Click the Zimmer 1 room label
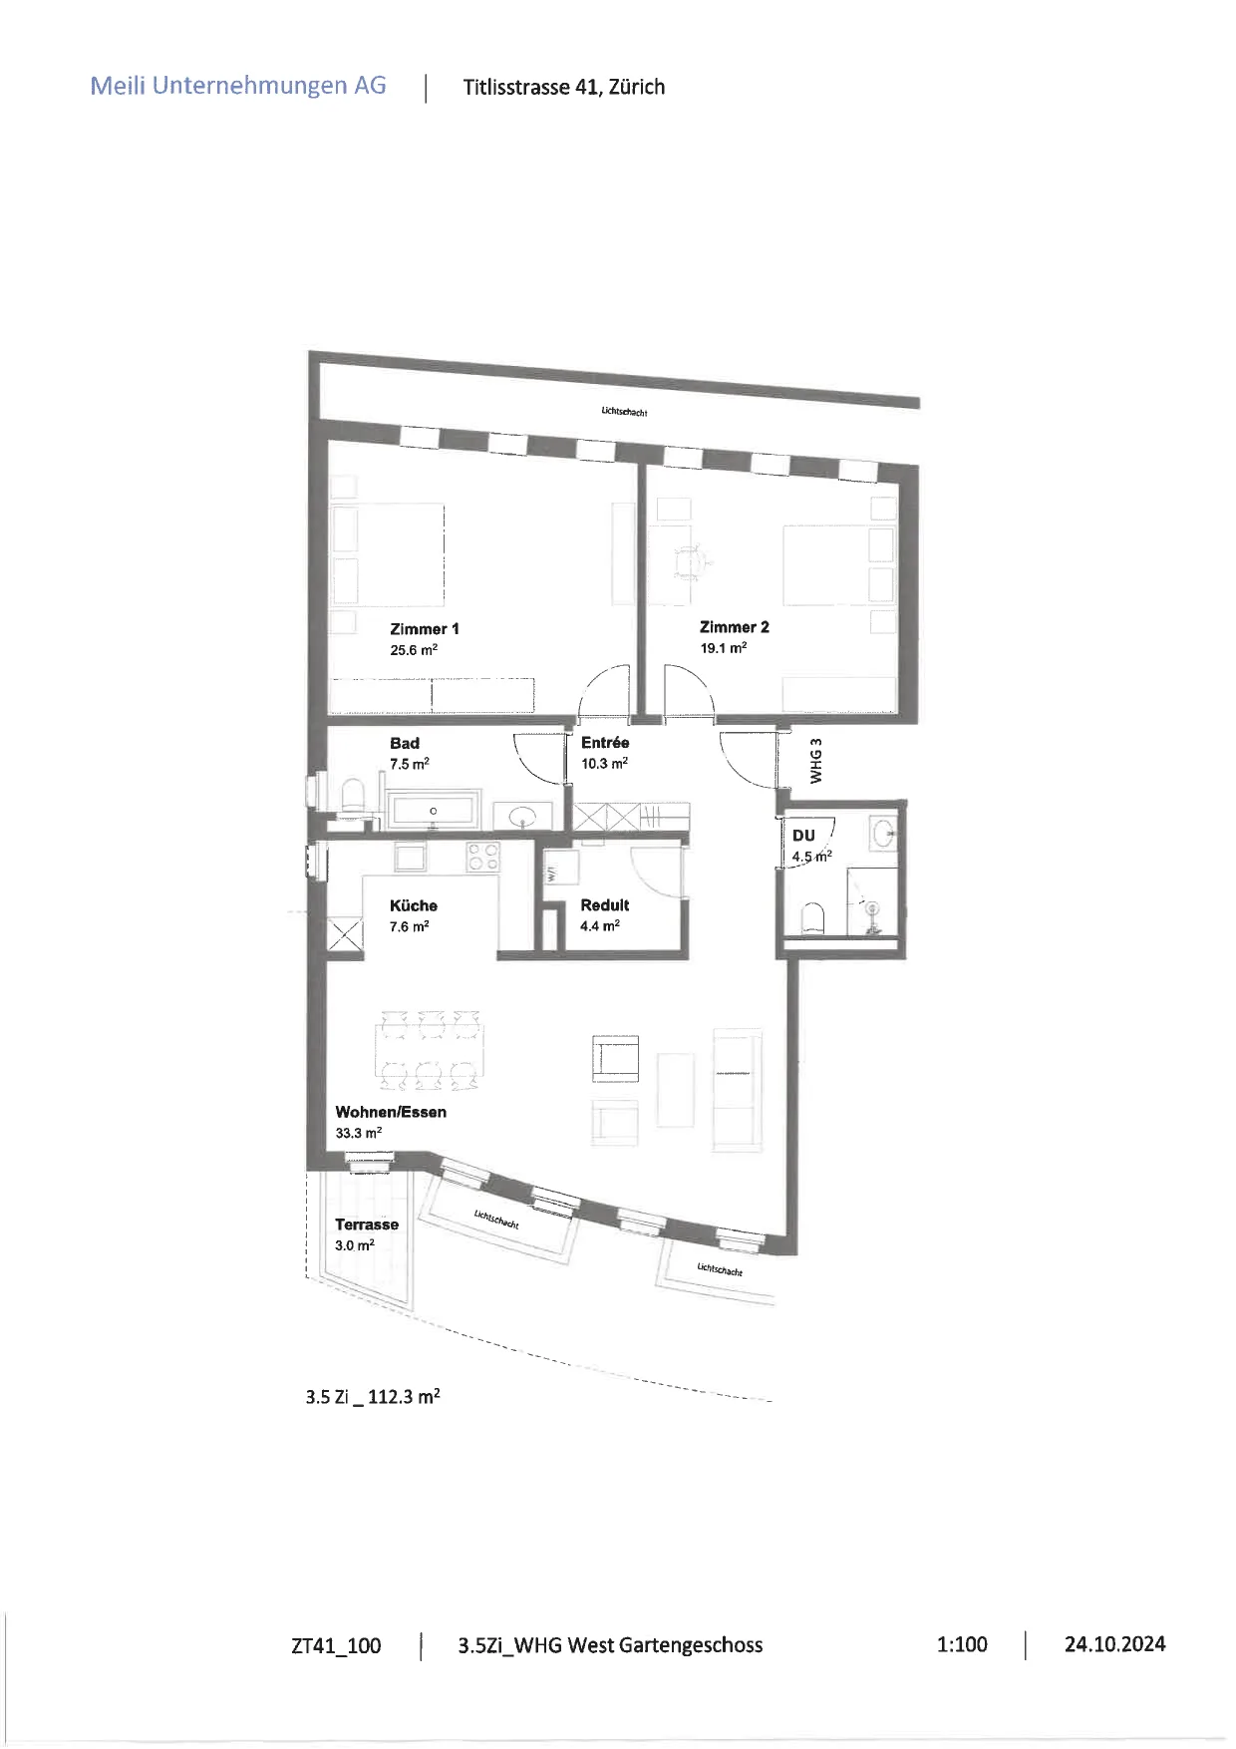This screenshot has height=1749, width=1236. pyautogui.click(x=425, y=629)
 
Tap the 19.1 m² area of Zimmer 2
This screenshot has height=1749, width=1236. pyautogui.click(x=724, y=648)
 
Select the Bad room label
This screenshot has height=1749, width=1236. pyautogui.click(x=405, y=743)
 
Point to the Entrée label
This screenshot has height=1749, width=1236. pyautogui.click(x=605, y=742)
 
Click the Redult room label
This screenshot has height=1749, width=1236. pyautogui.click(x=605, y=905)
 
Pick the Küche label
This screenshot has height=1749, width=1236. pyautogui.click(x=414, y=905)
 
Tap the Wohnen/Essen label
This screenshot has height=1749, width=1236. pyautogui.click(x=391, y=1112)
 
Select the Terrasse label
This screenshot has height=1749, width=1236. pyautogui.click(x=367, y=1224)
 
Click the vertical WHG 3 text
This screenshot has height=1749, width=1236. pyautogui.click(x=816, y=761)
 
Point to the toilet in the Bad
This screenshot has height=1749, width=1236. pyautogui.click(x=354, y=797)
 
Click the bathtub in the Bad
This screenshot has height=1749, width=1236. pyautogui.click(x=434, y=810)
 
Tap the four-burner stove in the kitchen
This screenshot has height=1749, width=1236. pyautogui.click(x=483, y=858)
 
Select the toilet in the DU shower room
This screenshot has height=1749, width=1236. pyautogui.click(x=813, y=918)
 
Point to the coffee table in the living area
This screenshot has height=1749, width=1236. pyautogui.click(x=676, y=1090)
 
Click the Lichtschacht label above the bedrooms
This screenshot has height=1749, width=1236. pyautogui.click(x=625, y=411)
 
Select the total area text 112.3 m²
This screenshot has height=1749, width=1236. pyautogui.click(x=404, y=1396)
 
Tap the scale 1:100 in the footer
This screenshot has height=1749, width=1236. pyautogui.click(x=962, y=1644)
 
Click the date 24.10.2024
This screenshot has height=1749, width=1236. pyautogui.click(x=1114, y=1644)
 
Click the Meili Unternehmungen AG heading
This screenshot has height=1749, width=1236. pyautogui.click(x=238, y=86)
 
